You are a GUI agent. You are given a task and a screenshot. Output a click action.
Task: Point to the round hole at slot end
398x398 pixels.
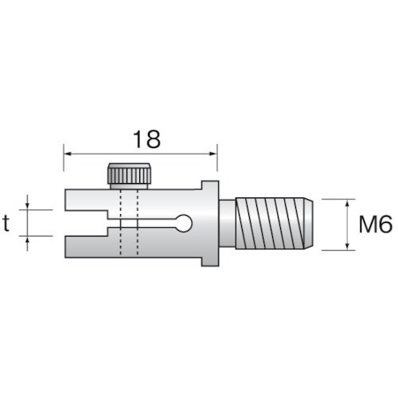184,224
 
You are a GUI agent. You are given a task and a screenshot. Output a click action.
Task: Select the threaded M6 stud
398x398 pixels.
271,224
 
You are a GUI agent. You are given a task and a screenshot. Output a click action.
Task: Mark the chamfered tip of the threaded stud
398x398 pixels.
308,224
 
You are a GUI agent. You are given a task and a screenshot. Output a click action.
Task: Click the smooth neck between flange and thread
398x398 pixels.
226,224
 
